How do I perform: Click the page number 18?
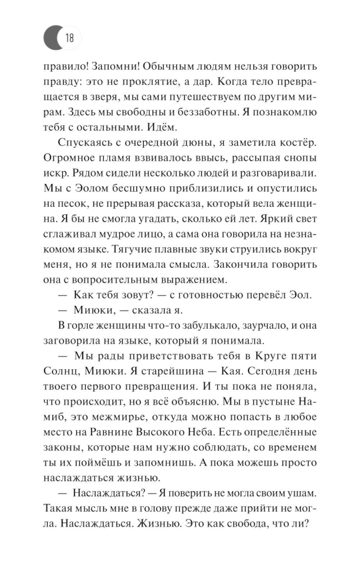click(x=69, y=37)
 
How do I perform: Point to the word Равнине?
click(x=113, y=432)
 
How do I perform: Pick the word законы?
click(x=60, y=447)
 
